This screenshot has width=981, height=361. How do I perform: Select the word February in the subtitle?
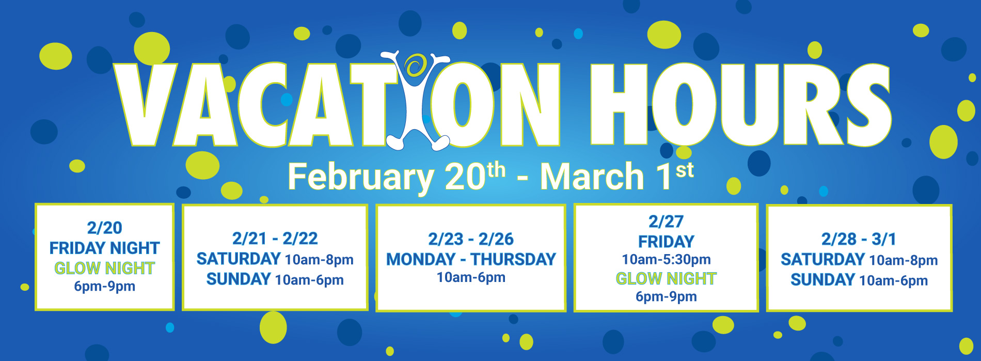(361, 177)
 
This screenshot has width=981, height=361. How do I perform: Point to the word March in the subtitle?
(592, 177)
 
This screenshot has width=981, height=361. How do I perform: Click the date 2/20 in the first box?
(104, 228)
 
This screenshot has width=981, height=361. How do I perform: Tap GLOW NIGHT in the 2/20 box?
(104, 268)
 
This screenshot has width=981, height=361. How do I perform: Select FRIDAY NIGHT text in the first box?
(104, 248)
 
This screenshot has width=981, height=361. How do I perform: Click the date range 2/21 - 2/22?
(275, 239)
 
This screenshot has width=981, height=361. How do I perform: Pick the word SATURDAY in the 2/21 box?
(239, 259)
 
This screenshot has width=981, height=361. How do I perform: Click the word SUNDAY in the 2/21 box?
(239, 279)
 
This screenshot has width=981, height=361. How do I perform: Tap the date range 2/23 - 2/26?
(471, 239)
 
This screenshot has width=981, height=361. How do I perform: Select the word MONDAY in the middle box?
(421, 259)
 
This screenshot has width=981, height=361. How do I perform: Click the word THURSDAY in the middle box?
(513, 259)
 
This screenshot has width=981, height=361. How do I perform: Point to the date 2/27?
(666, 222)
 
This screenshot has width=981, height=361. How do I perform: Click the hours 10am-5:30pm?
(666, 259)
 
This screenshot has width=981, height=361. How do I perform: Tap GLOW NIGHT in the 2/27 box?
(666, 279)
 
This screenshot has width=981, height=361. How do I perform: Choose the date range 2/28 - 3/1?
(859, 239)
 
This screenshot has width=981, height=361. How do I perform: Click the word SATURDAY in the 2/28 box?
(822, 259)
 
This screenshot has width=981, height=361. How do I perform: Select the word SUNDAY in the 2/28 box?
(822, 280)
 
